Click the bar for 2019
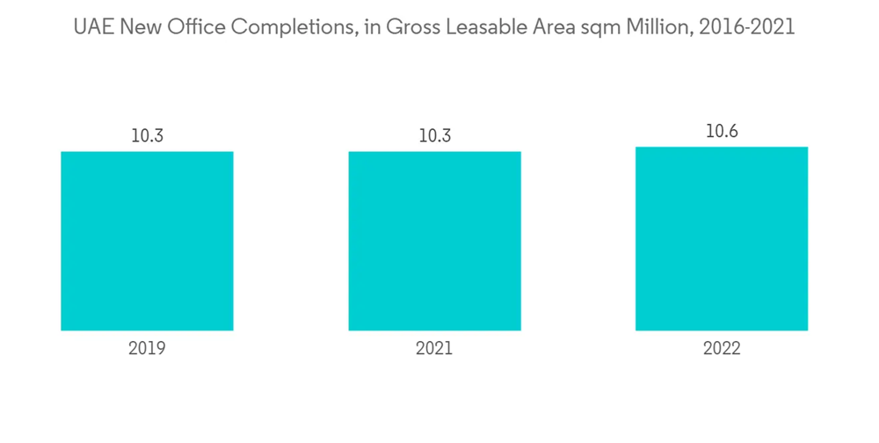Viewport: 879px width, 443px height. click(x=147, y=241)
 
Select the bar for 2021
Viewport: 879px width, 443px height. click(x=434, y=241)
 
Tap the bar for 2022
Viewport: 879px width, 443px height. click(x=722, y=238)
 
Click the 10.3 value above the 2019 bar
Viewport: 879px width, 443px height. click(x=147, y=136)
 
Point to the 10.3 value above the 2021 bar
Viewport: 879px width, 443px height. click(x=434, y=136)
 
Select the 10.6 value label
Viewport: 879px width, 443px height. click(x=722, y=131)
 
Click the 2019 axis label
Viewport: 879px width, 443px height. click(x=147, y=348)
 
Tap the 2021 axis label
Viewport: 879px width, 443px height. click(x=434, y=348)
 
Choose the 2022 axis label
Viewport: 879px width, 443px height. click(x=722, y=348)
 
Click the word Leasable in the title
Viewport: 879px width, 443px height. click(x=486, y=27)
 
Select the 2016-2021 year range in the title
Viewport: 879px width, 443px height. click(x=746, y=27)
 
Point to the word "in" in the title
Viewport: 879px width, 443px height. click(x=369, y=27)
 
